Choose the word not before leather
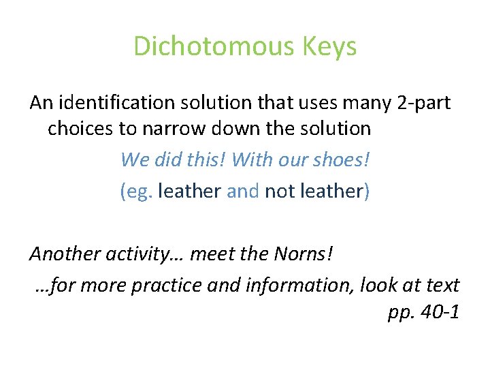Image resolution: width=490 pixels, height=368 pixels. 279,191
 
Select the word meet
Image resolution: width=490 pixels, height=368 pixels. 210,254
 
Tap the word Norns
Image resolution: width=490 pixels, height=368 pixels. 304,254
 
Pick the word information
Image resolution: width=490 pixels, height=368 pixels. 300,285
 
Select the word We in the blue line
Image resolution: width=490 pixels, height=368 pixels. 133,159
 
